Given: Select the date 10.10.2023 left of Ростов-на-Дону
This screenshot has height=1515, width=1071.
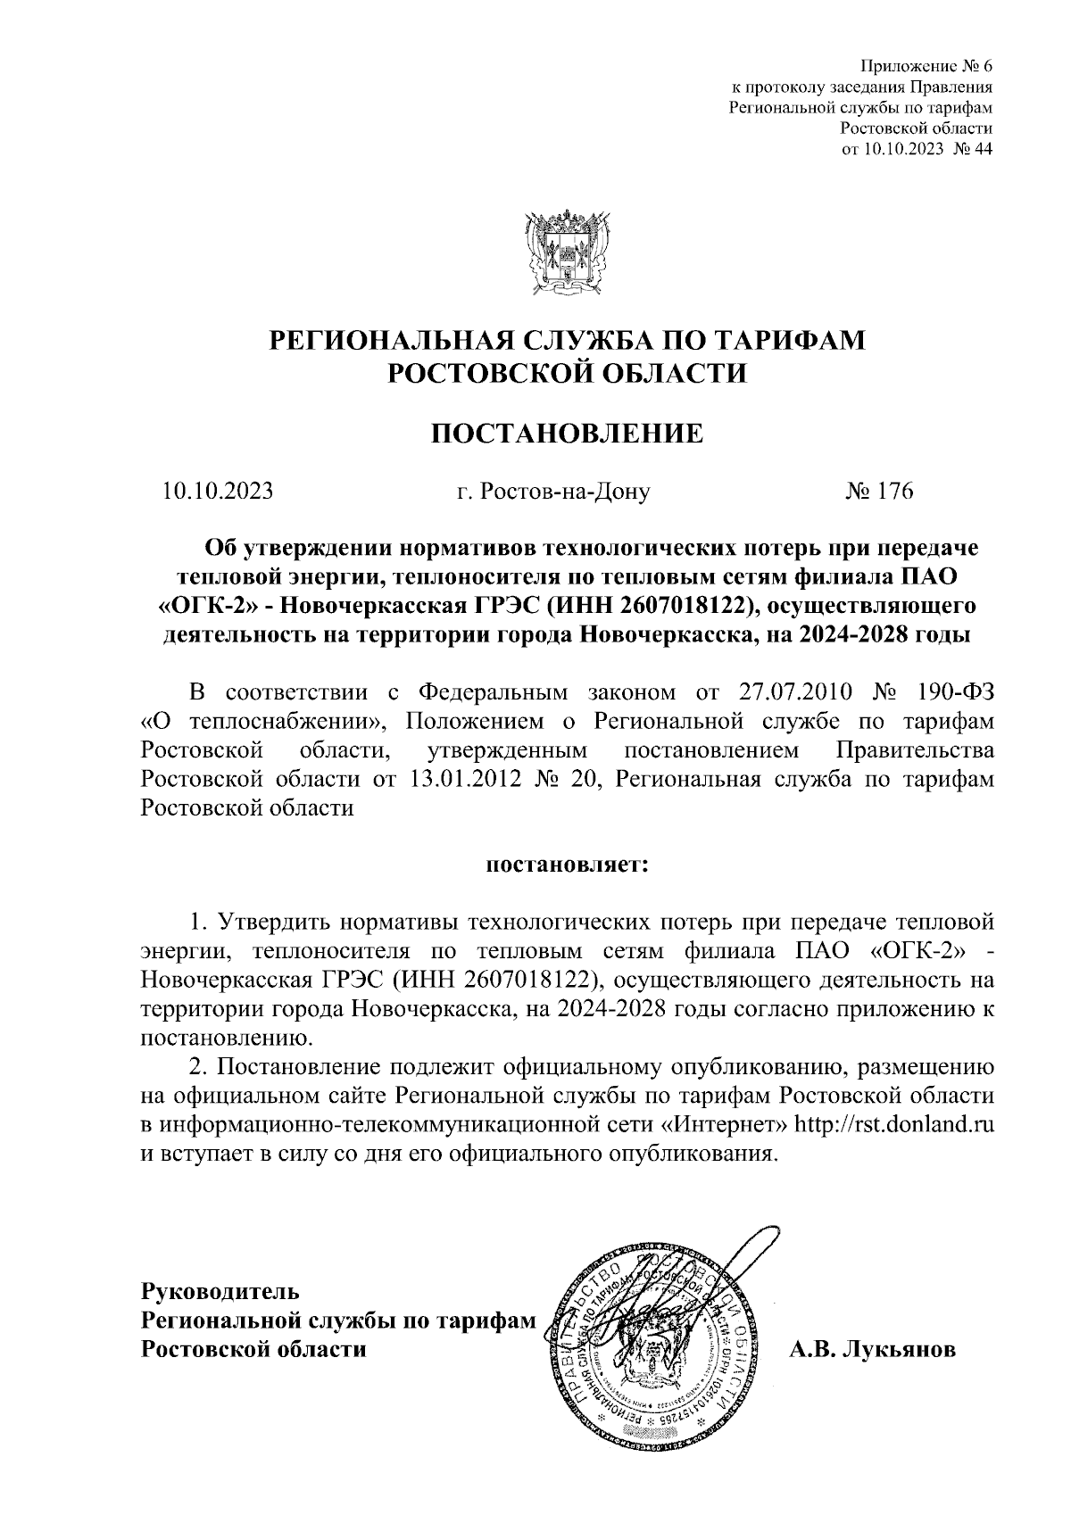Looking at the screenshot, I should (218, 492).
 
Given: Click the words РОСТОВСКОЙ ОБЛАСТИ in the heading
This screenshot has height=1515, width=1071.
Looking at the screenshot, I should (568, 373).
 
